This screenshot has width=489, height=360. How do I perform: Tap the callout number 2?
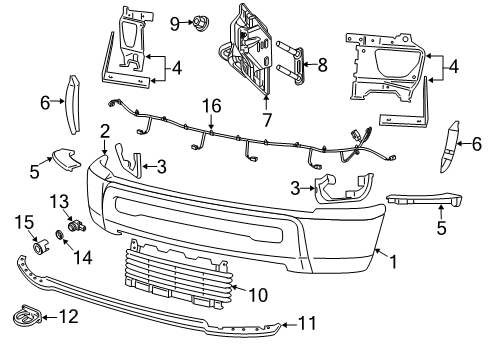pyautogui.click(x=104, y=131)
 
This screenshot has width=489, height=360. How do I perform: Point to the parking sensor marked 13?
pyautogui.click(x=74, y=221)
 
